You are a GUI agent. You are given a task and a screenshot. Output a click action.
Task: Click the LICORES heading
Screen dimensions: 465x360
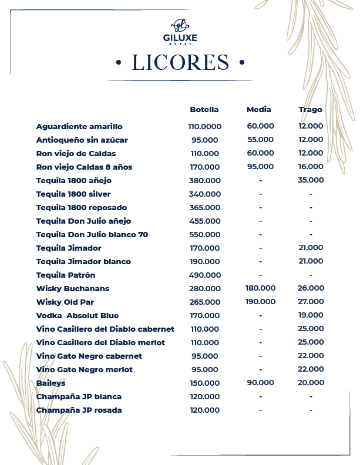pos(180,62)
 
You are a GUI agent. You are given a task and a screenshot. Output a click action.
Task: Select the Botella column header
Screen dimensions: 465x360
pos(204,110)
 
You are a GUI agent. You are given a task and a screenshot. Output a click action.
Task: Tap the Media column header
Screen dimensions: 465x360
pos(259,110)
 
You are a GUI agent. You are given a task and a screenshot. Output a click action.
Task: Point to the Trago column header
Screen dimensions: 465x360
pos(310,110)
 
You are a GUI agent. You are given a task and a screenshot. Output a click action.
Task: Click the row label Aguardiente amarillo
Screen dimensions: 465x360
pos(79,126)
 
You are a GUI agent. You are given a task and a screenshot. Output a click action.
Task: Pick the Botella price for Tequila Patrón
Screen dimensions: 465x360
pos(204,275)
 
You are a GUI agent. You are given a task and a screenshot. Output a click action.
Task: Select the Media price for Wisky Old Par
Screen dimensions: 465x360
pos(260,302)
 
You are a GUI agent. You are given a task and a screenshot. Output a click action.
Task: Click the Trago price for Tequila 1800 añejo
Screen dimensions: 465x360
pos(311,180)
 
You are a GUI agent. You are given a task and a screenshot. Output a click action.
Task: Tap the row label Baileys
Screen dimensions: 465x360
pos(51,383)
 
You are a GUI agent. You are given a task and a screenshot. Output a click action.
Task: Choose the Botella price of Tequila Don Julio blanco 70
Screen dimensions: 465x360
pos(204,234)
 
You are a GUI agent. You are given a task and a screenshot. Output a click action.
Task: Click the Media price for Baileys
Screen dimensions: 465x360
pos(260,383)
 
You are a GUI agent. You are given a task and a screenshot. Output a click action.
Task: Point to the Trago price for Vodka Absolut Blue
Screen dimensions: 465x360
pos(311,315)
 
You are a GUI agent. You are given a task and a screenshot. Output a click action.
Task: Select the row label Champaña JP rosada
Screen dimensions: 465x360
pos(79,410)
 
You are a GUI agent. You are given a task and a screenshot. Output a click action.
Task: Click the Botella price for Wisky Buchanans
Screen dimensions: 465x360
pos(204,288)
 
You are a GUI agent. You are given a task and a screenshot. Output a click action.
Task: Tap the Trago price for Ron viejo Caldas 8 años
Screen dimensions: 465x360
pos(311,167)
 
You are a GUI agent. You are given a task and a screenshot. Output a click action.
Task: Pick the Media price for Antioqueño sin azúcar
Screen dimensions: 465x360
pos(260,140)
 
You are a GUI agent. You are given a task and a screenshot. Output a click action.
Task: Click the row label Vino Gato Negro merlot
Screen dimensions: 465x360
pos(85,369)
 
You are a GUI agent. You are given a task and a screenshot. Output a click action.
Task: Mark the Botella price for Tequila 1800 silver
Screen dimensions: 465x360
pos(204,194)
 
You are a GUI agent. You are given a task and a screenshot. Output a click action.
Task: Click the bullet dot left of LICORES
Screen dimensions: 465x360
pos(119,62)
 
